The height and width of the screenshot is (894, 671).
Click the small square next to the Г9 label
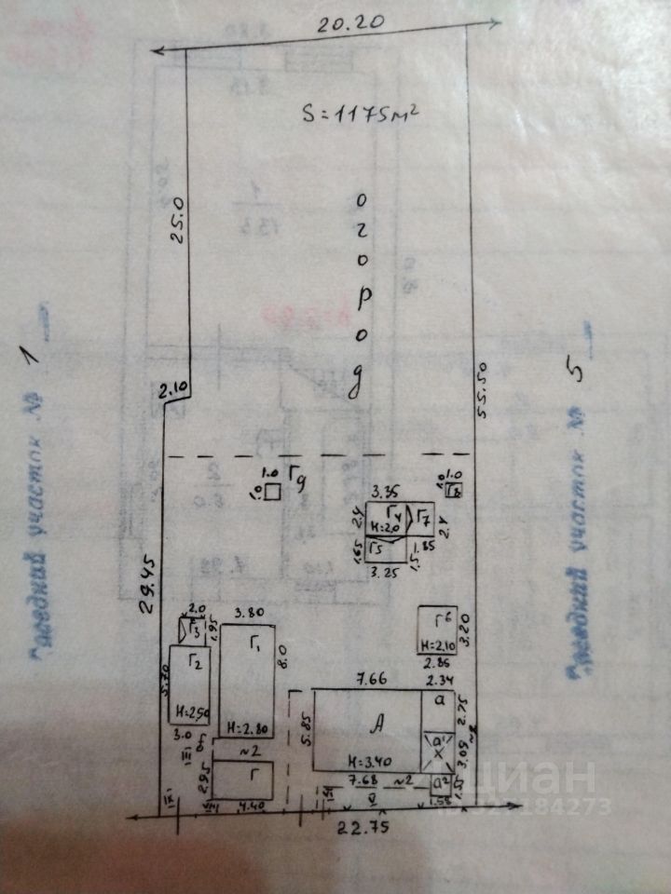(x=271, y=494)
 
